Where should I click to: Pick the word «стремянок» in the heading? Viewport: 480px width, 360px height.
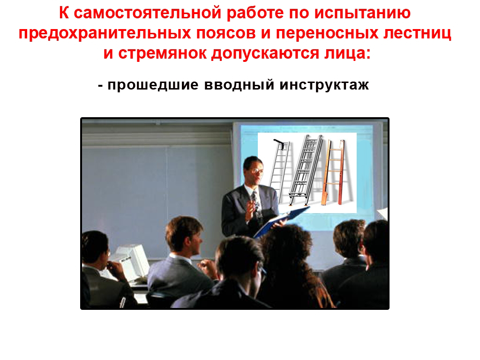click(x=162, y=54)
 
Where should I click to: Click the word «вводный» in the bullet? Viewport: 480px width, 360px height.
click(x=239, y=85)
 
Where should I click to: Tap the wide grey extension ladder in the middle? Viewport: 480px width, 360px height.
click(x=306, y=170)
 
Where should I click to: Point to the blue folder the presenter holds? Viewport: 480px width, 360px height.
click(x=281, y=221)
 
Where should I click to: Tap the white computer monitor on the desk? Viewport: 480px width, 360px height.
click(x=132, y=262)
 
